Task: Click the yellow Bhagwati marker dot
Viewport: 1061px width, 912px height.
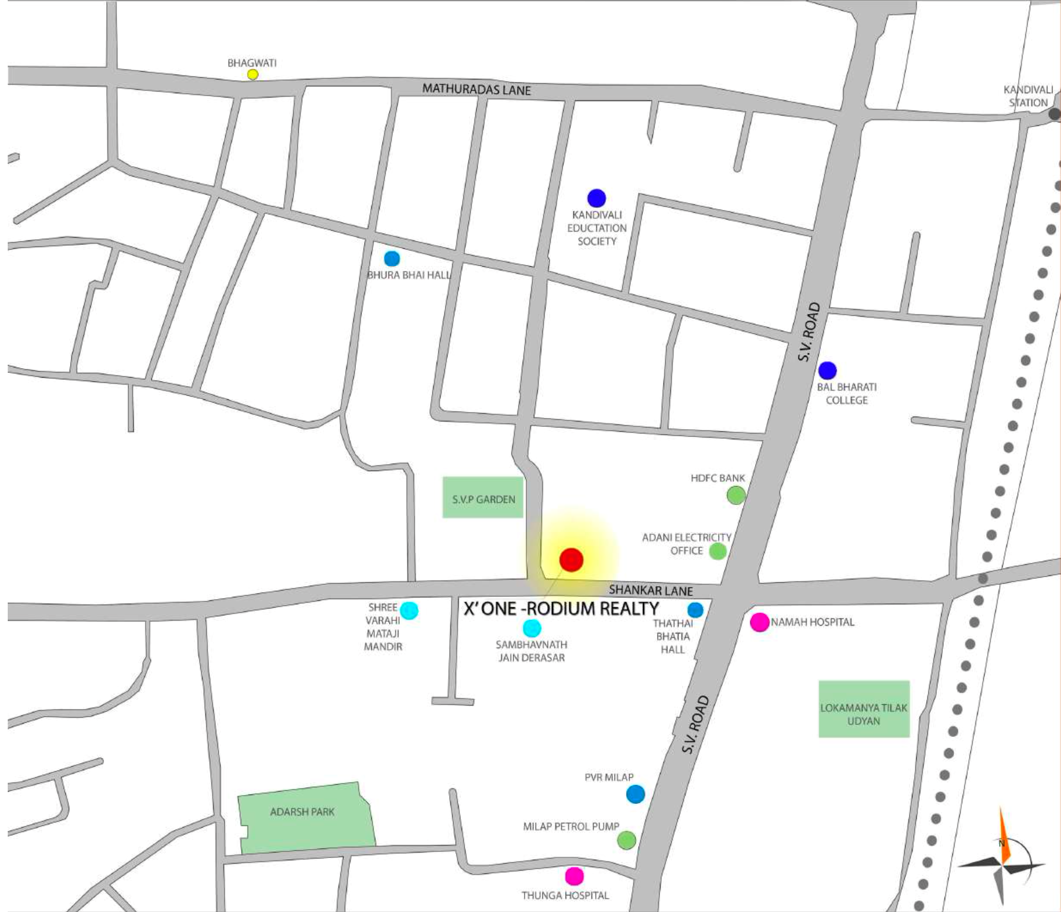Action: tap(252, 74)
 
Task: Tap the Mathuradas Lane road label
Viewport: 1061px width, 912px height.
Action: tap(476, 90)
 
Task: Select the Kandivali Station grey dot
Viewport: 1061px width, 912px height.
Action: tap(1054, 114)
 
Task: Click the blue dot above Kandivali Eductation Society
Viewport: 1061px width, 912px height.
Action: tap(596, 198)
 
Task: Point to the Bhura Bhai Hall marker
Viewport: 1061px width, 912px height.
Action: tap(391, 258)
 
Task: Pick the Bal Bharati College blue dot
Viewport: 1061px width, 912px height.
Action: tap(827, 370)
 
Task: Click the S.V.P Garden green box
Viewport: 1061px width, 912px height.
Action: tap(483, 498)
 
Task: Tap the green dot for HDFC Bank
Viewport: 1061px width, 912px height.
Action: tap(736, 495)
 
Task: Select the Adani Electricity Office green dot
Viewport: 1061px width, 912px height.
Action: tap(718, 551)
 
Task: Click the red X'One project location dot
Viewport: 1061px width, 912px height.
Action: tap(571, 560)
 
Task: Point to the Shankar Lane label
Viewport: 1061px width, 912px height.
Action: tap(651, 590)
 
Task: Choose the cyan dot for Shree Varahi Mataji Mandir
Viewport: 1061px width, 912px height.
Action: tap(409, 610)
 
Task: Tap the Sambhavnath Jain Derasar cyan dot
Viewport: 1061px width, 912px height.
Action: tap(532, 628)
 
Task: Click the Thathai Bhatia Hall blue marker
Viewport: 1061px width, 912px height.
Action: tap(695, 610)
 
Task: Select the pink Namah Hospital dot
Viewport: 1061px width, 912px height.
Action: tap(759, 622)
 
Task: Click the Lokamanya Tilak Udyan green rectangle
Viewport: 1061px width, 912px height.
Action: tap(864, 709)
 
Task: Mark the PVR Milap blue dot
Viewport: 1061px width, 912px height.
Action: tap(635, 794)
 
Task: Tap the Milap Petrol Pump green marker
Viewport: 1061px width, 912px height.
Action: tap(626, 840)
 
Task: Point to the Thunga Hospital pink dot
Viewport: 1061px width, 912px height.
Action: tap(574, 876)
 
